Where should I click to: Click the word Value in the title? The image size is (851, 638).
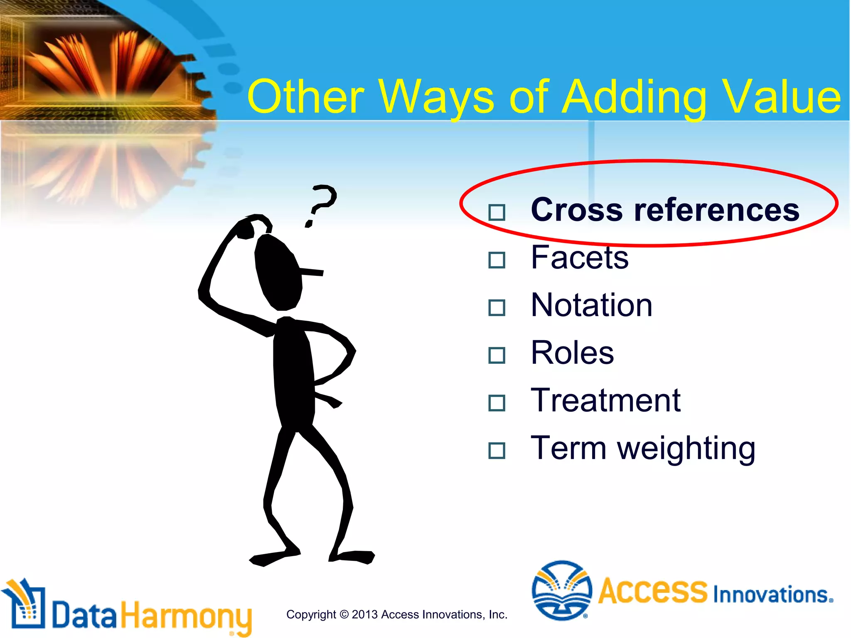[781, 97]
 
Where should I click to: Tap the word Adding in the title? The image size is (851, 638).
[634, 98]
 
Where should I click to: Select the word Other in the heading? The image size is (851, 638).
[305, 97]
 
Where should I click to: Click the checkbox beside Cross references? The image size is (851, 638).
[497, 212]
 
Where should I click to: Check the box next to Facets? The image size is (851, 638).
[497, 260]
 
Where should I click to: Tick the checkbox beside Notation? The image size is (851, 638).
[497, 308]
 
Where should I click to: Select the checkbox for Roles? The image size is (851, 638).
[497, 356]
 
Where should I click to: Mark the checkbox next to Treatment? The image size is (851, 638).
[497, 403]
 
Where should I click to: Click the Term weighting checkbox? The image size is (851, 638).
[497, 451]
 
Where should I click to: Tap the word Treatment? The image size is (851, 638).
[605, 400]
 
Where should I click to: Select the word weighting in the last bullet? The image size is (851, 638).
[686, 449]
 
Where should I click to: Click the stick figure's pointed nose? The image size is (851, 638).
[312, 272]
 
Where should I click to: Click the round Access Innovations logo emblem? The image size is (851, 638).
[561, 590]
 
